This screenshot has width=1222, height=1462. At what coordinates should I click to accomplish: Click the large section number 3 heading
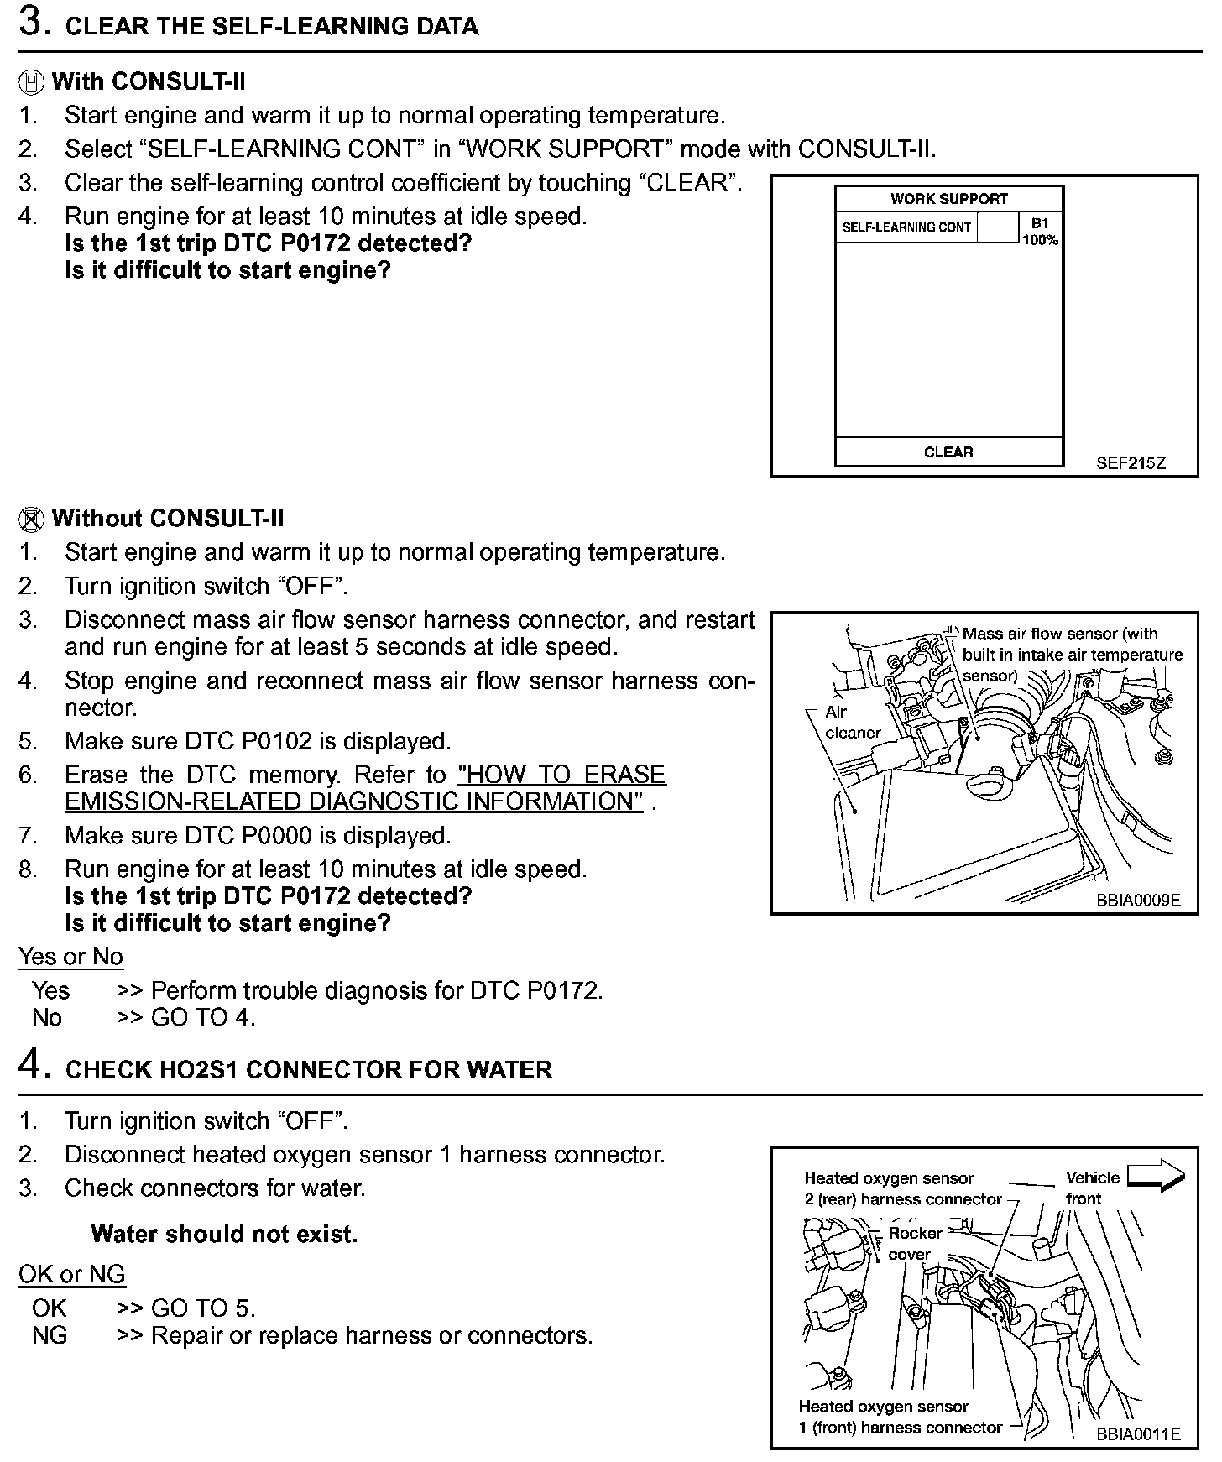[32, 23]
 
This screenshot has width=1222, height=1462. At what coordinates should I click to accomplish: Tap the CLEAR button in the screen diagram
[948, 452]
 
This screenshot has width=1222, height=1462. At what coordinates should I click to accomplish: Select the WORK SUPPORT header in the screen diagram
[948, 199]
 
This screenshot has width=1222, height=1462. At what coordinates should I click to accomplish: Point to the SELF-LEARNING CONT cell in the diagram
[906, 227]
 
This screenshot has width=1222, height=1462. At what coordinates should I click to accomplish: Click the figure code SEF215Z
[1131, 463]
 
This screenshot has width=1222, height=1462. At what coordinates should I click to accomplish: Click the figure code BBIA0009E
[1137, 900]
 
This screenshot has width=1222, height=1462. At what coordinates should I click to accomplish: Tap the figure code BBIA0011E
[1137, 1434]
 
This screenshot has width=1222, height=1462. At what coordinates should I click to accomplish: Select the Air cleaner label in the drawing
[851, 722]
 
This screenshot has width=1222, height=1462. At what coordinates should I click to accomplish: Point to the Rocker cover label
[913, 1243]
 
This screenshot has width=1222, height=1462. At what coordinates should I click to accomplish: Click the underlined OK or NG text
[72, 1274]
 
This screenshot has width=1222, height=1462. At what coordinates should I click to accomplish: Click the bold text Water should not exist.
[224, 1234]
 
